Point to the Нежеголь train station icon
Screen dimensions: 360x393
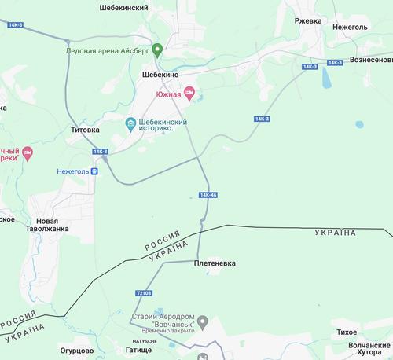tap(94, 170)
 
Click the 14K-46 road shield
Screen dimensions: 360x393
tap(208, 194)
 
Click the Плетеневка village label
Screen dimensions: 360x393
tap(215, 264)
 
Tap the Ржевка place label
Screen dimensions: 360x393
tap(307, 20)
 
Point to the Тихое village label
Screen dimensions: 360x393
tap(347, 332)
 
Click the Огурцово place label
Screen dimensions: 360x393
tap(77, 351)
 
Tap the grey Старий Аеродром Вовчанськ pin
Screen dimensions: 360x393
tap(203, 321)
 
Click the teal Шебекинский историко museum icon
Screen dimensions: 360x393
tap(130, 124)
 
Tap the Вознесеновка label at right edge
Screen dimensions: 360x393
tap(372, 60)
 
